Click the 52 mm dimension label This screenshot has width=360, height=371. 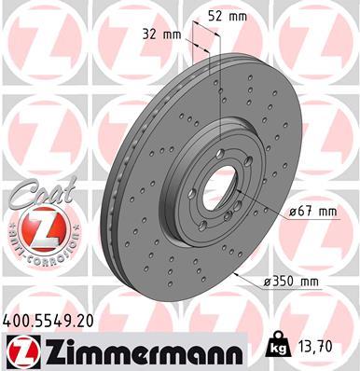228,17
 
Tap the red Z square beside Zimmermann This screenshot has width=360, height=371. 19,350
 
